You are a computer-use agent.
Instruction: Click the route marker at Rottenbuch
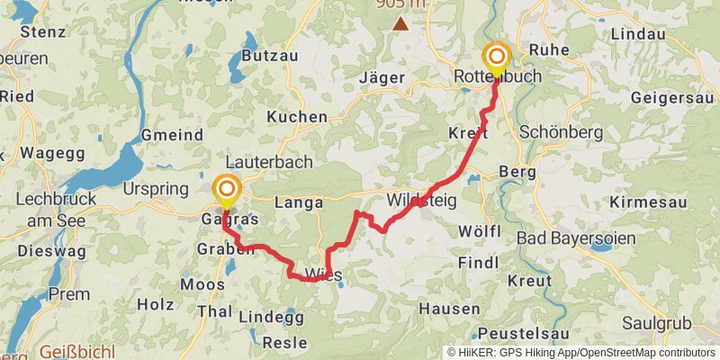tap(496, 58)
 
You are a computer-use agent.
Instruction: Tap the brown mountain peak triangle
tap(400, 23)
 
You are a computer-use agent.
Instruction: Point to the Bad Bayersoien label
tap(577, 238)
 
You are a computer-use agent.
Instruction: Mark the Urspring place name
tap(156, 189)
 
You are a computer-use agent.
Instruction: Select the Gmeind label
tap(172, 135)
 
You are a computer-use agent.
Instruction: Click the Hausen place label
tap(449, 309)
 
